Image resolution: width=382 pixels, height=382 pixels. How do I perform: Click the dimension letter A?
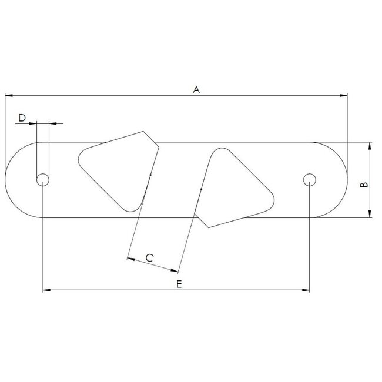click(197, 89)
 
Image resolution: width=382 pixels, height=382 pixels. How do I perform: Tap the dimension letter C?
click(149, 257)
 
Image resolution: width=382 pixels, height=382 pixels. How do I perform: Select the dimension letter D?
click(22, 118)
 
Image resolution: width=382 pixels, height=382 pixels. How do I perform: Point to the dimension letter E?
click(180, 284)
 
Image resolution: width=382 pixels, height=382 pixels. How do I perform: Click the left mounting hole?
click(42, 180)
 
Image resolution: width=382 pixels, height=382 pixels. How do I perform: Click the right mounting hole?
click(309, 179)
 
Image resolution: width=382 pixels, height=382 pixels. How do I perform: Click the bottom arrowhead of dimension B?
click(370, 215)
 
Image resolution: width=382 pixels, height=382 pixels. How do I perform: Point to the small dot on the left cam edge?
click(151, 175)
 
